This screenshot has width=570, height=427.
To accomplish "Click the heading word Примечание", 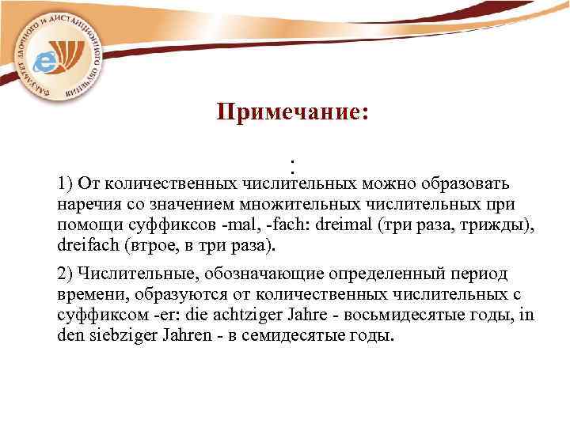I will (x=291, y=113).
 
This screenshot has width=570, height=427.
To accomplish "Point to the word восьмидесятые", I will (x=427, y=316).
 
